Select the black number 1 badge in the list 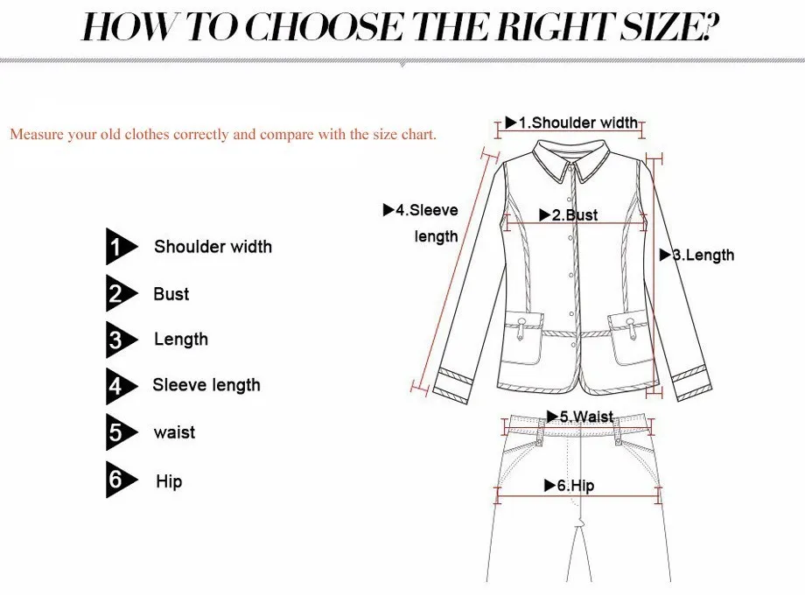coord(118,248)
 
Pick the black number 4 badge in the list coord(118,386)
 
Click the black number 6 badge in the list coord(118,480)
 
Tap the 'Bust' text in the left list coord(171,294)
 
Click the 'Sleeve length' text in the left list coord(206,385)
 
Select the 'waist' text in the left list coord(174,432)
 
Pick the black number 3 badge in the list coord(118,340)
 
